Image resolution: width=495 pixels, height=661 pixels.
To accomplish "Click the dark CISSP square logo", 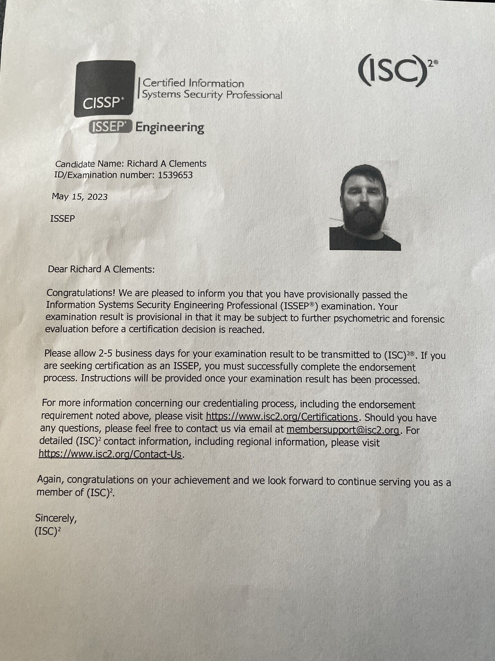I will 104,89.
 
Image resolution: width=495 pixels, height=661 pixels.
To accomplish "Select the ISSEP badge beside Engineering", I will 110,127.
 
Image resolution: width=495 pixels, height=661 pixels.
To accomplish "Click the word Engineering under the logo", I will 170,127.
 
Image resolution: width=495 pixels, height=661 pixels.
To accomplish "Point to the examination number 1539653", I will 175,175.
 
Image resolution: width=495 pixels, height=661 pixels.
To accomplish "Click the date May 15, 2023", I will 79,197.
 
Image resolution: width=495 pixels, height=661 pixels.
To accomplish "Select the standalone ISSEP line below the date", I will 62,219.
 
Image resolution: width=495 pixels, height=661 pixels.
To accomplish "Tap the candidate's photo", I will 365,207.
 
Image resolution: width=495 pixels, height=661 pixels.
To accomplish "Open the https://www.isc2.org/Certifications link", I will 281,417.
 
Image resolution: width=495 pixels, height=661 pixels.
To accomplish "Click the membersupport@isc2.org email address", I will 343,429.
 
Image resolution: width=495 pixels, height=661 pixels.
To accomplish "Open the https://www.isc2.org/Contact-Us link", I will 110,454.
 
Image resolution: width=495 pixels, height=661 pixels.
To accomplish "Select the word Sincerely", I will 56,518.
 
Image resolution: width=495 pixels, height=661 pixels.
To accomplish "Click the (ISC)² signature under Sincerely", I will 47,531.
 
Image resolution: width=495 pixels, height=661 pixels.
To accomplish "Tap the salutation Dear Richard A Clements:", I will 101,269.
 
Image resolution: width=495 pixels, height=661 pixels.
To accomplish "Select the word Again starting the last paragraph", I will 50,479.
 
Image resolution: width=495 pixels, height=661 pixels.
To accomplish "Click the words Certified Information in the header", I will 193,83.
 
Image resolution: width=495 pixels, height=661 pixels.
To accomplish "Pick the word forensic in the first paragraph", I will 427,319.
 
